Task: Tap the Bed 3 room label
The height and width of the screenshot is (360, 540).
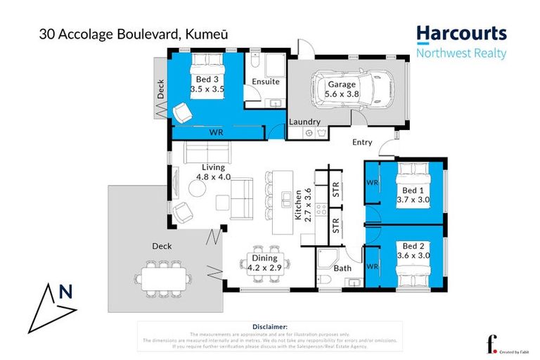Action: [207, 79]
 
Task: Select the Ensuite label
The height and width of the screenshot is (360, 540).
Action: [266, 82]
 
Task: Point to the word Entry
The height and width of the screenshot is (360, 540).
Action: [362, 143]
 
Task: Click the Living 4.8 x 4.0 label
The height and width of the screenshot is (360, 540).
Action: [213, 172]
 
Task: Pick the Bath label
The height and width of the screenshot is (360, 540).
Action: [342, 269]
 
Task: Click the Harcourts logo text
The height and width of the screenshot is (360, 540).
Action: [461, 33]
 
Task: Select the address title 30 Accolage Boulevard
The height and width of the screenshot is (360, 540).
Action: [99, 33]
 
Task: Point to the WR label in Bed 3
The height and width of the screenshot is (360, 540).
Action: [217, 131]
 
